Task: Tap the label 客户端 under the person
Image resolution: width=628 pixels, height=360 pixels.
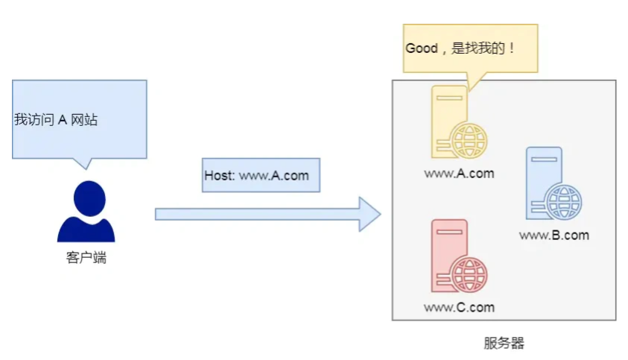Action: click(86, 259)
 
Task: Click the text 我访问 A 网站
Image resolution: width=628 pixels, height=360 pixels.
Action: click(56, 119)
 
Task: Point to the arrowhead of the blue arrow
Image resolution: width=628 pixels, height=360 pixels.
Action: click(369, 214)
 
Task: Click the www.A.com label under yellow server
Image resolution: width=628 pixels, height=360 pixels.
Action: click(459, 174)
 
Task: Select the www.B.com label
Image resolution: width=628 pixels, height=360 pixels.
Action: click(554, 236)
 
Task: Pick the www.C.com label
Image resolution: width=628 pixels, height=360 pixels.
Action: click(459, 307)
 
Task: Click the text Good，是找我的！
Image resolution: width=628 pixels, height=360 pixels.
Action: click(460, 48)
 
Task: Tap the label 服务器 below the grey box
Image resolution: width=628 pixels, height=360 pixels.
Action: click(504, 344)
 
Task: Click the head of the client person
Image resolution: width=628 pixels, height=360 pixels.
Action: click(87, 198)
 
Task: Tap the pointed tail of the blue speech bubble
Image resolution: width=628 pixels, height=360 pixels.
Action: click(84, 163)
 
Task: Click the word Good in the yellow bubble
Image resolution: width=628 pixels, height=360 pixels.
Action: click(421, 48)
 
